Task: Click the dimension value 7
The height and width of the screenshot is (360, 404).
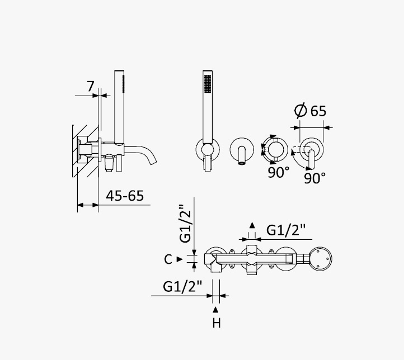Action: [x=91, y=86]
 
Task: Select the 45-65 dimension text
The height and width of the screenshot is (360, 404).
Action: [x=125, y=196]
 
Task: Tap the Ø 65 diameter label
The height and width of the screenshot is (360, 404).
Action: [x=311, y=111]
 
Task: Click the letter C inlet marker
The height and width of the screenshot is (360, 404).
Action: [x=168, y=259]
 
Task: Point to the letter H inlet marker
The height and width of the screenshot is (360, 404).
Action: [x=217, y=323]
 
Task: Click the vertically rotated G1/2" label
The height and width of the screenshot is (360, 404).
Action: [x=186, y=224]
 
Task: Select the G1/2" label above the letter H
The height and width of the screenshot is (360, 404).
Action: [x=182, y=286]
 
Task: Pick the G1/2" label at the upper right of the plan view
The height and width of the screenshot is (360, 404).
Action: [x=286, y=230]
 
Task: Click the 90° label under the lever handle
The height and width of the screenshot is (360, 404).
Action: [x=315, y=178]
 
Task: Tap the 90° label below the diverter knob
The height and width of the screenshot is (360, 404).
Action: [x=279, y=172]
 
